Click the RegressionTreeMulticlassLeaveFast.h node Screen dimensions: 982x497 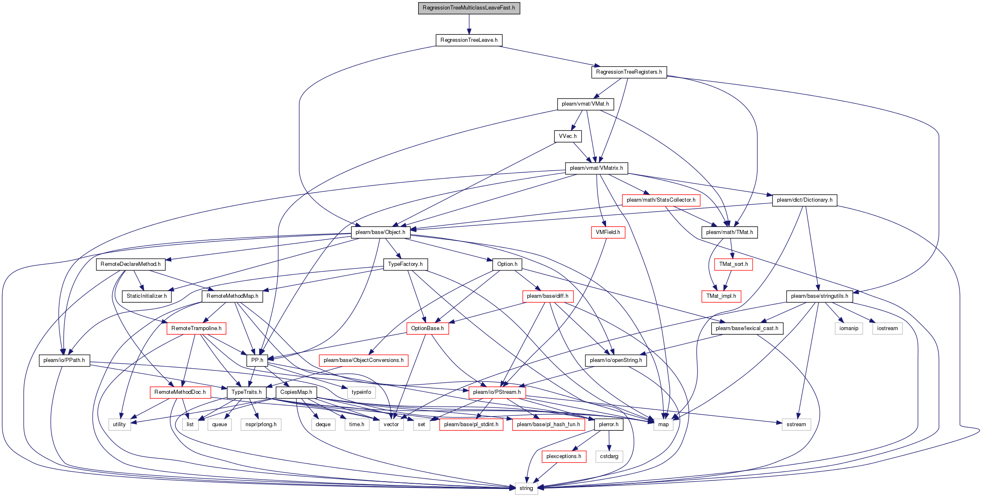[x=469, y=8]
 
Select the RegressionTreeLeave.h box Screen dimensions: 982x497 [x=469, y=40]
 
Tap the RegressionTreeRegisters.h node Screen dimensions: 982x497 [x=629, y=72]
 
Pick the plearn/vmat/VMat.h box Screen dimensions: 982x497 [x=585, y=104]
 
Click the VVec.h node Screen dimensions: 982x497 [x=568, y=136]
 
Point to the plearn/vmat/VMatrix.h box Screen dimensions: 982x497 [x=597, y=168]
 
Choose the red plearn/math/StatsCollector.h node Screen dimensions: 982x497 [x=661, y=200]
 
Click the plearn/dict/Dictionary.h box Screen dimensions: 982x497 [x=805, y=200]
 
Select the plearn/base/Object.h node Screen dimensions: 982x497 [x=380, y=232]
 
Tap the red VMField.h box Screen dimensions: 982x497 [x=608, y=232]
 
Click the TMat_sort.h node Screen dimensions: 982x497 [x=734, y=264]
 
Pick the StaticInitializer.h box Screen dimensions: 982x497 [x=147, y=296]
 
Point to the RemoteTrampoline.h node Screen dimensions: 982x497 [x=196, y=328]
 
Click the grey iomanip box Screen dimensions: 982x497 [x=849, y=328]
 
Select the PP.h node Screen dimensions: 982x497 [x=257, y=360]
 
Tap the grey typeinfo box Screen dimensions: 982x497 [x=361, y=392]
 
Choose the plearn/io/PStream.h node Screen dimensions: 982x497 [x=497, y=392]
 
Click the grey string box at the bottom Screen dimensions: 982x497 [x=526, y=488]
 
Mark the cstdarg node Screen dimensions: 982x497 [x=609, y=456]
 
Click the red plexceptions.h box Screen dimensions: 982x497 [x=564, y=456]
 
